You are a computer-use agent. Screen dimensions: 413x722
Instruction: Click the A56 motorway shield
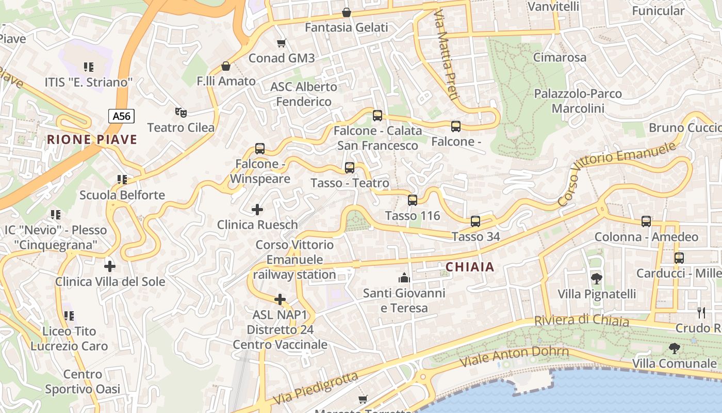point(122,116)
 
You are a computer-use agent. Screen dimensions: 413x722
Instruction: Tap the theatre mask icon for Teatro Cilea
point(180,112)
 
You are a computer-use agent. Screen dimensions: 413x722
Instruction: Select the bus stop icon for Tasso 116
point(413,200)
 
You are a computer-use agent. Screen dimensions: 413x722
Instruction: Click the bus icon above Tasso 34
point(475,221)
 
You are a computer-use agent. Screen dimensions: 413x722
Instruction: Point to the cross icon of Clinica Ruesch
point(257,209)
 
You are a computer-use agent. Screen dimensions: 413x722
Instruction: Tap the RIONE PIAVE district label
point(92,139)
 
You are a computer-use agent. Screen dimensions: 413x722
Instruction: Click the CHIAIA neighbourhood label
point(469,267)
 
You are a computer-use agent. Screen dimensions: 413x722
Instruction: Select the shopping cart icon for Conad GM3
point(281,43)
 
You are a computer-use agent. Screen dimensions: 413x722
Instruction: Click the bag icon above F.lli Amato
point(225,66)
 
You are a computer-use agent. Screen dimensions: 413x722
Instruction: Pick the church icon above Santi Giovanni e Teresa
point(404,278)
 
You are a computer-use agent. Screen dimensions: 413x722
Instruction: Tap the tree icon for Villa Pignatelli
point(596,279)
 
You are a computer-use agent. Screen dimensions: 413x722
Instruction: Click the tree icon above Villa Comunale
point(674,348)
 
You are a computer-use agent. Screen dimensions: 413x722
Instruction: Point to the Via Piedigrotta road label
point(316,388)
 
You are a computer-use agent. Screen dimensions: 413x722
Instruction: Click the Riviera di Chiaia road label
point(581,321)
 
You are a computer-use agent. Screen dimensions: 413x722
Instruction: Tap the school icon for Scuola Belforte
point(122,180)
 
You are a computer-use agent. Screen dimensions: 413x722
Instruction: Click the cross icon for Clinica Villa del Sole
point(109,266)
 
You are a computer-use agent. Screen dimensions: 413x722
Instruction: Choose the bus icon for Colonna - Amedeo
point(646,221)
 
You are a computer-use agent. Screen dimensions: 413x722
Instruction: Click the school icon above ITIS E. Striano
point(88,67)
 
